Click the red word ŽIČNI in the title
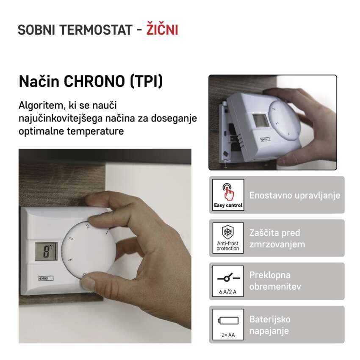[x=162, y=29]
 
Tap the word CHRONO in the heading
[x=94, y=81]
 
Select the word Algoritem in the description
[x=40, y=105]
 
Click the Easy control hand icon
[x=228, y=191]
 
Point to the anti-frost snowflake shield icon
[x=228, y=232]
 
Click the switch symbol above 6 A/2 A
[x=228, y=277]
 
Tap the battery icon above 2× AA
[x=228, y=321]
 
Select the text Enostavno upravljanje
[x=295, y=195]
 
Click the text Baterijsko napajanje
[x=270, y=325]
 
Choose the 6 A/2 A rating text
[x=228, y=292]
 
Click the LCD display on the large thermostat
[x=46, y=252]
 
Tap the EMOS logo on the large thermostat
[x=46, y=278]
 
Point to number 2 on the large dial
[x=88, y=227]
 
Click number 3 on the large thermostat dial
[x=72, y=238]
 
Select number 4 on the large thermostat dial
[x=70, y=260]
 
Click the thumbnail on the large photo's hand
[x=88, y=283]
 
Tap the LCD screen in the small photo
[x=261, y=121]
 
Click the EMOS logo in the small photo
[x=265, y=139]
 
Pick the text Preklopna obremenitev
[x=275, y=281]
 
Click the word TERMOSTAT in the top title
[x=96, y=30]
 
